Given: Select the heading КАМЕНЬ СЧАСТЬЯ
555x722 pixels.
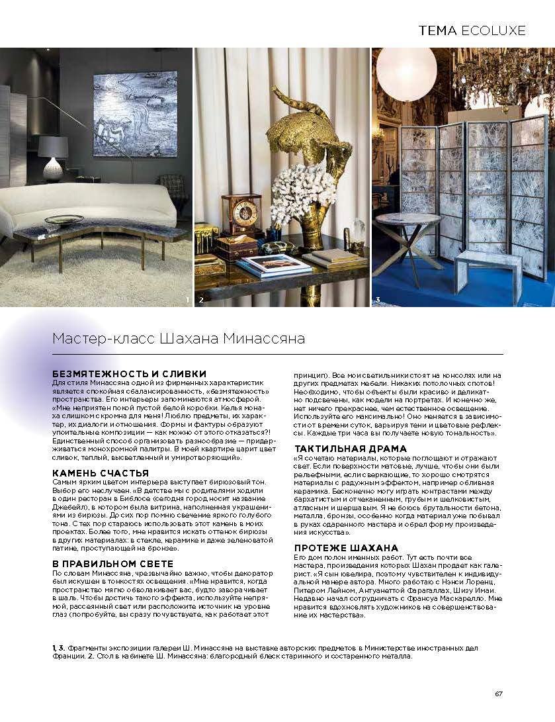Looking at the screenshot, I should tap(100, 473).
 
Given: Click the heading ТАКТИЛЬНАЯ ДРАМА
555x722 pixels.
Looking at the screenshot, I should tap(350, 449).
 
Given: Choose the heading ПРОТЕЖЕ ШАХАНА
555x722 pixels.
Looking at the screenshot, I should tap(346, 548).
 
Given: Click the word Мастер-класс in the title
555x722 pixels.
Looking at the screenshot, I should tap(104, 339).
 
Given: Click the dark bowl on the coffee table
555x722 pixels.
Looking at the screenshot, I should tap(64, 220).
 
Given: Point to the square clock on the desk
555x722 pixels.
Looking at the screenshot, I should tap(242, 213).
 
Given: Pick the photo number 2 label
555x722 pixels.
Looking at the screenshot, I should tap(201, 300).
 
